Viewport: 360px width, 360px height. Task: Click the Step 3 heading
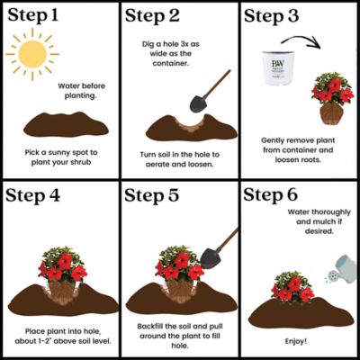tap(279, 16)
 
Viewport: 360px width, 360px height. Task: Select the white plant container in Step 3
tap(280, 69)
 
